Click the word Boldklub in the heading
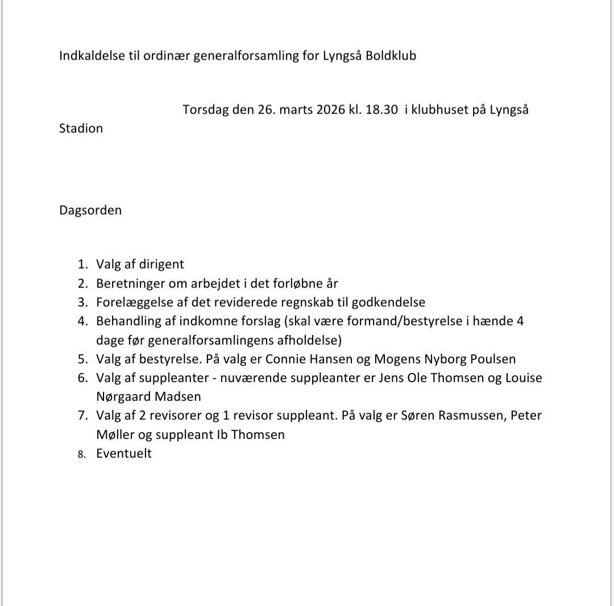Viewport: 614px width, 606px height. [391, 56]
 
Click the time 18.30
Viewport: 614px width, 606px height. [381, 110]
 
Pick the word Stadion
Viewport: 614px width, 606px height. [81, 128]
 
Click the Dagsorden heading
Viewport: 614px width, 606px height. [90, 210]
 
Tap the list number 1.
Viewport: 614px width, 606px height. [83, 264]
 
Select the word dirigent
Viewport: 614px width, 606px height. [160, 264]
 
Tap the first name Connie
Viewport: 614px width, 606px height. [285, 359]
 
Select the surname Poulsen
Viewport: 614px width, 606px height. [492, 359]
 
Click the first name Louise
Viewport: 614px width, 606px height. [524, 378]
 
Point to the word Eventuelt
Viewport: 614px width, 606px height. [124, 454]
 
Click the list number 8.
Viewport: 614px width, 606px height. [82, 454]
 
